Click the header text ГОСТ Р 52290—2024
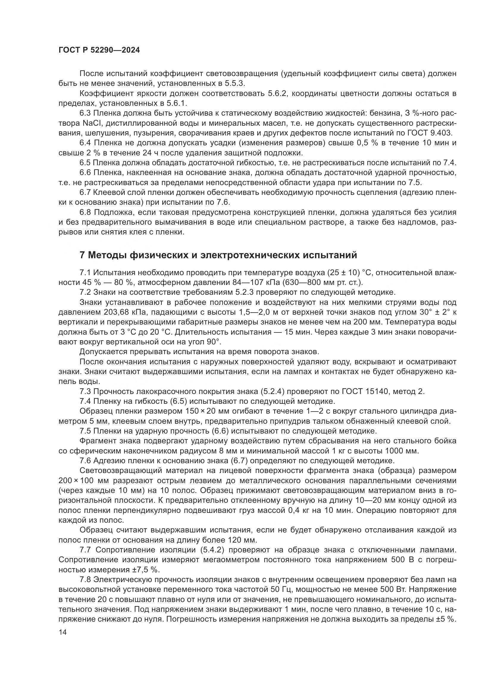(x=99, y=50)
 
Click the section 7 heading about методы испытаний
(x=218, y=255)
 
